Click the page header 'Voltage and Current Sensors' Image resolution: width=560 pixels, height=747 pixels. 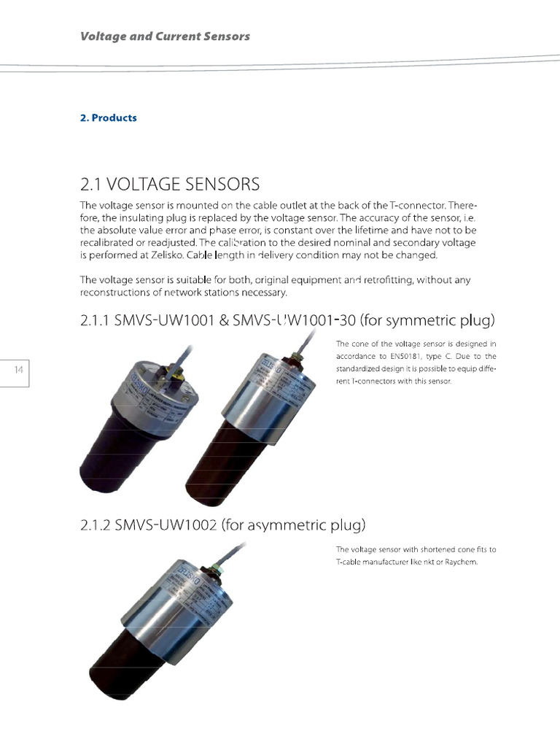point(165,36)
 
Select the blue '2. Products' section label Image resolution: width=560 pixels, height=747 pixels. point(108,117)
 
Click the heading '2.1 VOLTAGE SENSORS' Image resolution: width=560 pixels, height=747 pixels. point(169,182)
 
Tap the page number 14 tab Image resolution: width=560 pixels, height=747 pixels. point(20,371)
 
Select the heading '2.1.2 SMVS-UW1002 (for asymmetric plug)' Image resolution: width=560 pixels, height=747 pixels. point(222,525)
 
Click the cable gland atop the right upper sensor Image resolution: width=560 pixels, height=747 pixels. point(296,358)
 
